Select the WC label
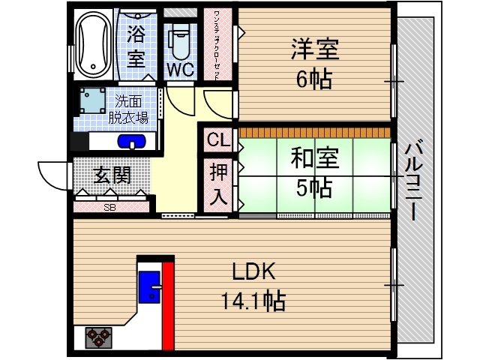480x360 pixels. [180, 70]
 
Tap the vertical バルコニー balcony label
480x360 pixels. [412, 180]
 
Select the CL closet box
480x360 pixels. [217, 140]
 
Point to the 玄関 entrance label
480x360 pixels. [112, 175]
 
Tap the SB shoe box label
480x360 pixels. [110, 207]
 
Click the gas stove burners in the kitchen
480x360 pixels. [98, 337]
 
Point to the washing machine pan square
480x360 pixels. [94, 101]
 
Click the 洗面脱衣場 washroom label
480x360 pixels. [132, 109]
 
